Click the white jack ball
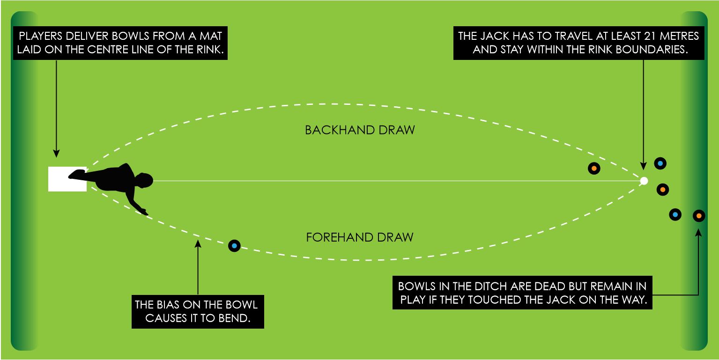coord(644,181)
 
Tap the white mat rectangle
coord(67,179)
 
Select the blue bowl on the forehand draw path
coord(234,245)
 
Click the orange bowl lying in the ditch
coord(698,215)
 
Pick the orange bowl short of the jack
coord(593,169)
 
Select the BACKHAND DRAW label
coord(360,130)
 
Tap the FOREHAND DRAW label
coord(360,237)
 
